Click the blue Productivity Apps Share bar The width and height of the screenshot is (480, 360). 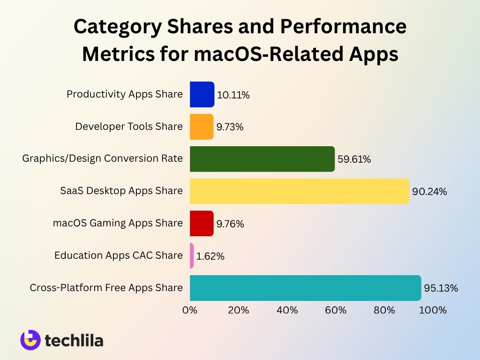(x=202, y=94)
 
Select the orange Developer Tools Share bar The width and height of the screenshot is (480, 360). (x=202, y=127)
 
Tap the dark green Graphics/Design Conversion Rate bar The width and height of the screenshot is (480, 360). (x=262, y=159)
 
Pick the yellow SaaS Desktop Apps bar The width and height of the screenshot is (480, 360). (x=300, y=191)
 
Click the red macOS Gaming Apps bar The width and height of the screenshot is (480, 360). (x=202, y=223)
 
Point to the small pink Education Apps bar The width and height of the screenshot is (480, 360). (x=192, y=255)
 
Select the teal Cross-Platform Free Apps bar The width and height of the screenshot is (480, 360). (x=305, y=288)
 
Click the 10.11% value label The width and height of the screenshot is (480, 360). (x=233, y=95)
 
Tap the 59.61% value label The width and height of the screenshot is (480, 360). (x=354, y=159)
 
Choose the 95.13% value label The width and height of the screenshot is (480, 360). (x=441, y=288)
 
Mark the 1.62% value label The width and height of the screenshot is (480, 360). (x=210, y=256)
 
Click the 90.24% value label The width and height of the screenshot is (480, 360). (x=429, y=192)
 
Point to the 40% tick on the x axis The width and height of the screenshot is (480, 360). (x=287, y=310)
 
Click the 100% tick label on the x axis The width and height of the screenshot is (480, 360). (x=434, y=310)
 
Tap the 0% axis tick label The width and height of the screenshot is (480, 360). (x=190, y=310)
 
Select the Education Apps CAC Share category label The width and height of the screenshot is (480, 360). (x=118, y=255)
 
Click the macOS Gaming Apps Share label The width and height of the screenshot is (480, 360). (x=118, y=223)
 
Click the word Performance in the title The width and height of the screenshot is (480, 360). (x=343, y=27)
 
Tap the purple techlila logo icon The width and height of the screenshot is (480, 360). (x=30, y=340)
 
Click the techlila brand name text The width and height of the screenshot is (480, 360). (x=74, y=340)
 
